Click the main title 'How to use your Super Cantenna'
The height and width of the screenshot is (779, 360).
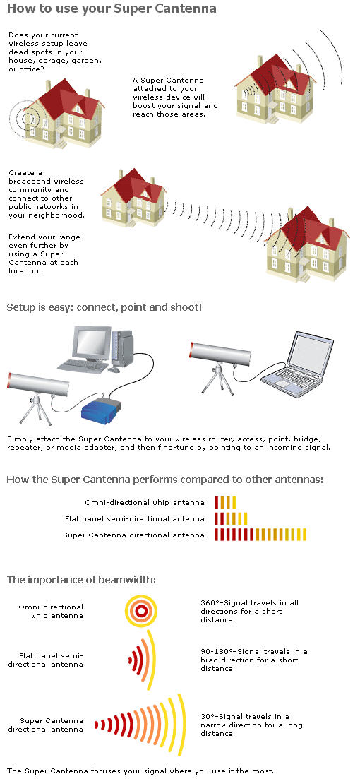[x=112, y=9]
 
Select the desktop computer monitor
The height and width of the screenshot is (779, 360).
[x=92, y=345]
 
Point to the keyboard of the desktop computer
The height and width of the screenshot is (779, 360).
[x=83, y=367]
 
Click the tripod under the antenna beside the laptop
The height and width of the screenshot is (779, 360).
[x=217, y=378]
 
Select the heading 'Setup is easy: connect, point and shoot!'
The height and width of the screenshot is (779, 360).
[x=104, y=307]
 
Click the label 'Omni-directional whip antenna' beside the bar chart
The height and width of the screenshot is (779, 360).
[x=145, y=502]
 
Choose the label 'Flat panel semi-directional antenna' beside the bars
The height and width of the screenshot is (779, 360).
[x=135, y=518]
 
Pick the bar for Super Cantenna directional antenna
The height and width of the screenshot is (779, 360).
[x=260, y=535]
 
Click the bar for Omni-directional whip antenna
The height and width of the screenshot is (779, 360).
[x=225, y=502]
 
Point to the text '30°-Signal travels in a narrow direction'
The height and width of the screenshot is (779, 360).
[x=251, y=720]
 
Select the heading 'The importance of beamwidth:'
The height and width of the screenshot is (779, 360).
[x=81, y=580]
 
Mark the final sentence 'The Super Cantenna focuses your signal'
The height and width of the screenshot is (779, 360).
[x=140, y=771]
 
